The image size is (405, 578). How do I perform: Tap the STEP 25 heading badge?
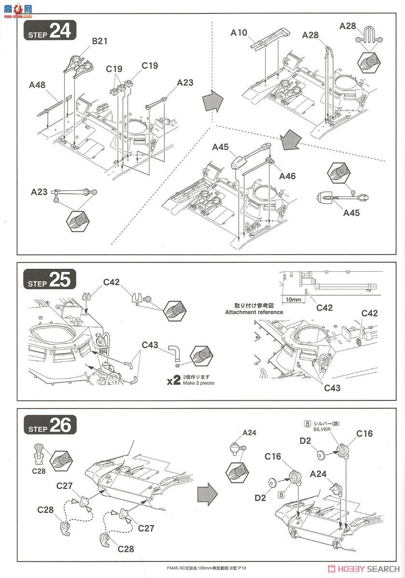(50, 280)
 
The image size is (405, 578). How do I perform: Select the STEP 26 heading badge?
(50, 425)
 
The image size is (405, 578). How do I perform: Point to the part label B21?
(100, 42)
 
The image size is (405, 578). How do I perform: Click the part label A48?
(37, 85)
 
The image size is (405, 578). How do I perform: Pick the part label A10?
(239, 33)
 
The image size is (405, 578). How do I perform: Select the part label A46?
(289, 176)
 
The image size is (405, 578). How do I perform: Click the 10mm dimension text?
(293, 299)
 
